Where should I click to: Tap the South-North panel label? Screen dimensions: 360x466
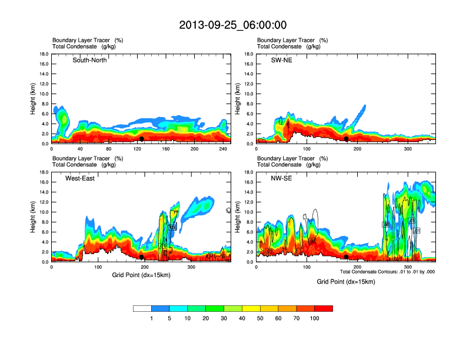click(89, 60)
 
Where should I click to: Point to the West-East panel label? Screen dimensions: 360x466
click(80, 178)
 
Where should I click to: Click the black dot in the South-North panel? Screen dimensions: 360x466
click(142, 139)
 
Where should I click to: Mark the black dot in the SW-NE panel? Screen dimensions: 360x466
click(347, 139)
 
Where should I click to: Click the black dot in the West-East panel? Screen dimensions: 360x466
click(142, 257)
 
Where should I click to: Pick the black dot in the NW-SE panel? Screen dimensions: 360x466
click(347, 257)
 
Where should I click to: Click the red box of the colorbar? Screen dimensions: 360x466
click(324, 308)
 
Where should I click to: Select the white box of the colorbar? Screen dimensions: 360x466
click(142, 308)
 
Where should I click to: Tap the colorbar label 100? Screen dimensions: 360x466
click(315, 318)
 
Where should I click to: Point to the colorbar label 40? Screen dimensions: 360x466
click(242, 318)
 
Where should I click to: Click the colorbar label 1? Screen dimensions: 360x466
click(151, 318)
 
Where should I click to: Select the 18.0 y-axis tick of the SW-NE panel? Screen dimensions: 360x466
click(249, 54)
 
